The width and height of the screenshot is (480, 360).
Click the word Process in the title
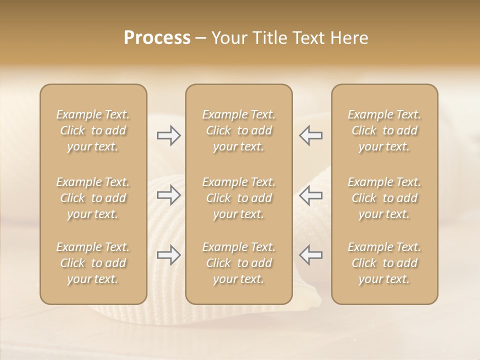click(157, 38)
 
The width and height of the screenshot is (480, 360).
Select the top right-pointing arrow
click(169, 135)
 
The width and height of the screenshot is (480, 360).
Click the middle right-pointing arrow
click(169, 195)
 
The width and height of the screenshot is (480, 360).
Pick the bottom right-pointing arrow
click(169, 255)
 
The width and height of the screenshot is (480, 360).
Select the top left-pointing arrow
click(310, 135)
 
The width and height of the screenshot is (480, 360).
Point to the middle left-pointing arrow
click(310, 195)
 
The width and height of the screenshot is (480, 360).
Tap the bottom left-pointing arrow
click(310, 255)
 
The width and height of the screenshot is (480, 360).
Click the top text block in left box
click(93, 130)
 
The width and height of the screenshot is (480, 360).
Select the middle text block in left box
click(93, 198)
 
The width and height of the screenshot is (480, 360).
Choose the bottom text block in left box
click(93, 263)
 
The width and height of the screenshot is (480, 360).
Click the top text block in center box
click(239, 130)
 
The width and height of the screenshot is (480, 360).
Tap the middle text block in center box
click(239, 198)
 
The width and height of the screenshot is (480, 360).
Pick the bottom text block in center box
click(239, 263)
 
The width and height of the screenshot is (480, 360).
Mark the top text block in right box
click(384, 130)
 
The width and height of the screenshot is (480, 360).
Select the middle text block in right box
click(384, 198)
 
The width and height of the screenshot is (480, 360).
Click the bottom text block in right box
click(384, 263)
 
